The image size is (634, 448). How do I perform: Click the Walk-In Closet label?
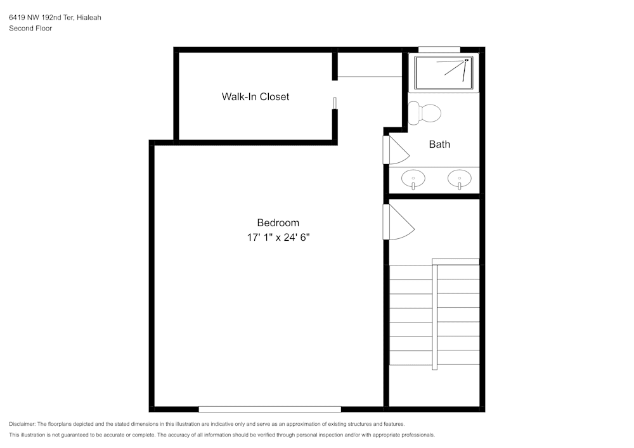click(x=255, y=97)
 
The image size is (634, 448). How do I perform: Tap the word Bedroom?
click(x=278, y=223)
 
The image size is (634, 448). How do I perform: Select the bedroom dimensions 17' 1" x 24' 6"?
click(x=278, y=237)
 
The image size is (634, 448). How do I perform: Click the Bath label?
click(x=439, y=144)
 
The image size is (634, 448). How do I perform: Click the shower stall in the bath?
click(x=444, y=74)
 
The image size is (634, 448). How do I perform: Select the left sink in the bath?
click(x=413, y=179)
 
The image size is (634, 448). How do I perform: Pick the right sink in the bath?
click(x=459, y=179)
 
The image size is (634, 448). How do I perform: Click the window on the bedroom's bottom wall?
click(x=269, y=409)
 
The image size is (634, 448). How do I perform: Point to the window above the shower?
click(x=439, y=49)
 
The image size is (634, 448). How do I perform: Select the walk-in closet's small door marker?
click(x=335, y=103)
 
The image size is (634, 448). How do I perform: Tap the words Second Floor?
click(x=30, y=29)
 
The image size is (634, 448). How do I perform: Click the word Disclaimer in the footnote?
click(x=22, y=424)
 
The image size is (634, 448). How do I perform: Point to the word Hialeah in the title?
click(x=89, y=18)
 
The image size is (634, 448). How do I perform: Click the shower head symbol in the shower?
click(x=467, y=60)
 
